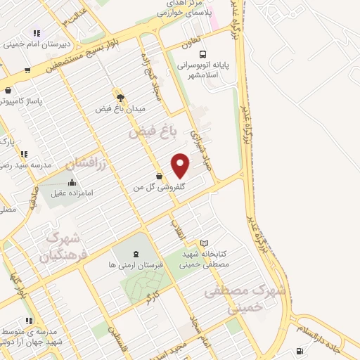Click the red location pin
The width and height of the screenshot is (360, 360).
(181, 166)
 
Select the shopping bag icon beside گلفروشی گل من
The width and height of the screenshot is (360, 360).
(160, 176)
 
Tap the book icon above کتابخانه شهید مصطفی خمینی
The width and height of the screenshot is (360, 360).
(205, 243)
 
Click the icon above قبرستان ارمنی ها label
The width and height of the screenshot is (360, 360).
(136, 253)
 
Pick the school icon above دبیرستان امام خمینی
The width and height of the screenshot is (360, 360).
(36, 33)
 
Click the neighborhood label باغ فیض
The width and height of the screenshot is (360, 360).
(150, 131)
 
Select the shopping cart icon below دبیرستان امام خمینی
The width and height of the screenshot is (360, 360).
(27, 70)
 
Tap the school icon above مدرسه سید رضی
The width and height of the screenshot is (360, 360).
(24, 154)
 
